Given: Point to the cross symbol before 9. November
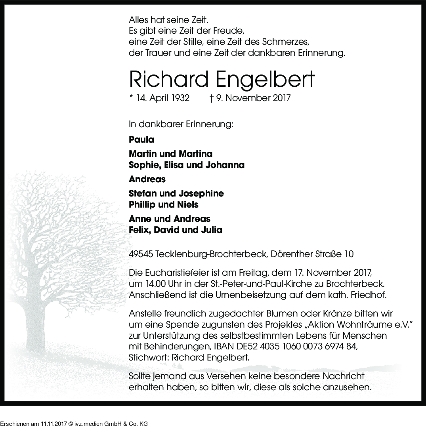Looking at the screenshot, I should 212,97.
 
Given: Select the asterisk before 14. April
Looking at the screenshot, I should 131,97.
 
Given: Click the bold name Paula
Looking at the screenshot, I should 141,139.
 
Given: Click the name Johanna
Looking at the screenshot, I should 225,165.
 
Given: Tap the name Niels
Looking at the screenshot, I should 188,204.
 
